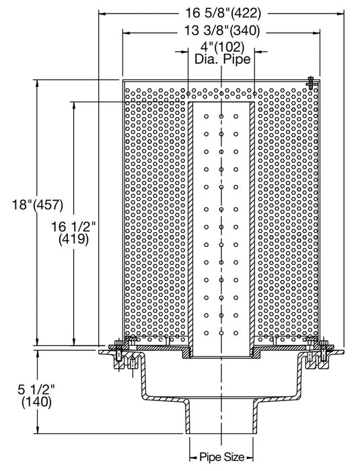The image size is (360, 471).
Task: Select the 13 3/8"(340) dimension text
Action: (222, 31)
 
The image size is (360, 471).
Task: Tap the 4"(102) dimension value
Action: (222, 48)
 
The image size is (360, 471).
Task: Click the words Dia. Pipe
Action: (222, 60)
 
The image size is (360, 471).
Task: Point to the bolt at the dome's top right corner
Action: (310, 83)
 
